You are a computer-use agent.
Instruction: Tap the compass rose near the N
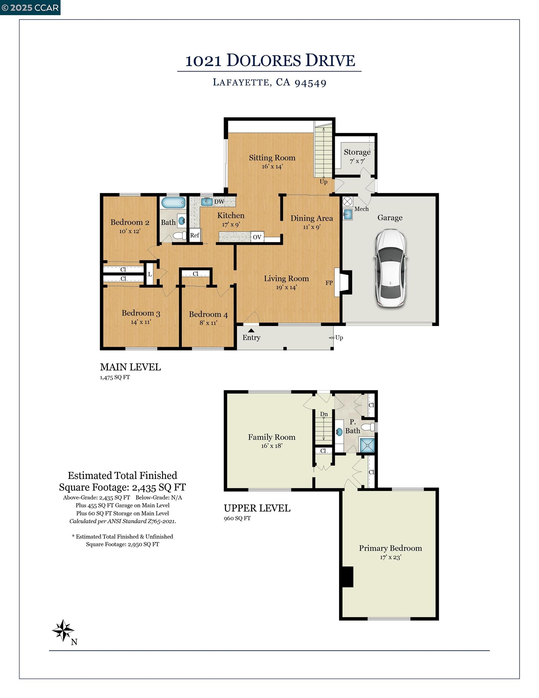63,630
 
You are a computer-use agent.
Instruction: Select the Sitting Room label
272,158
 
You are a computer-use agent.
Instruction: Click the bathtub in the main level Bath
173,203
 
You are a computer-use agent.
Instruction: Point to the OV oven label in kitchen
257,237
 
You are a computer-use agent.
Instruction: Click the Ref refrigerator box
195,235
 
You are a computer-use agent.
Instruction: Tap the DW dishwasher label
219,202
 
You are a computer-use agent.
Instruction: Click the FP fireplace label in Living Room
329,283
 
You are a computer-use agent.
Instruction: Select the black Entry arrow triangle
251,331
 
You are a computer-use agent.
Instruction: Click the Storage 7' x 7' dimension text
357,161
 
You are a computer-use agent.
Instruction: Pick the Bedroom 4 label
208,314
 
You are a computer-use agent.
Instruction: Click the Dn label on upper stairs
324,414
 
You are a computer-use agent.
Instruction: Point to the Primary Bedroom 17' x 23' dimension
390,557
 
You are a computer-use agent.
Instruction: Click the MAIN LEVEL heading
130,367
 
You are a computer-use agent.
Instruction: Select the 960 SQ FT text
237,518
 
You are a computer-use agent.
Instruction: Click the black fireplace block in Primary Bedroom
346,577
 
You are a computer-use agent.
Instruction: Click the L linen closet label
150,274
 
